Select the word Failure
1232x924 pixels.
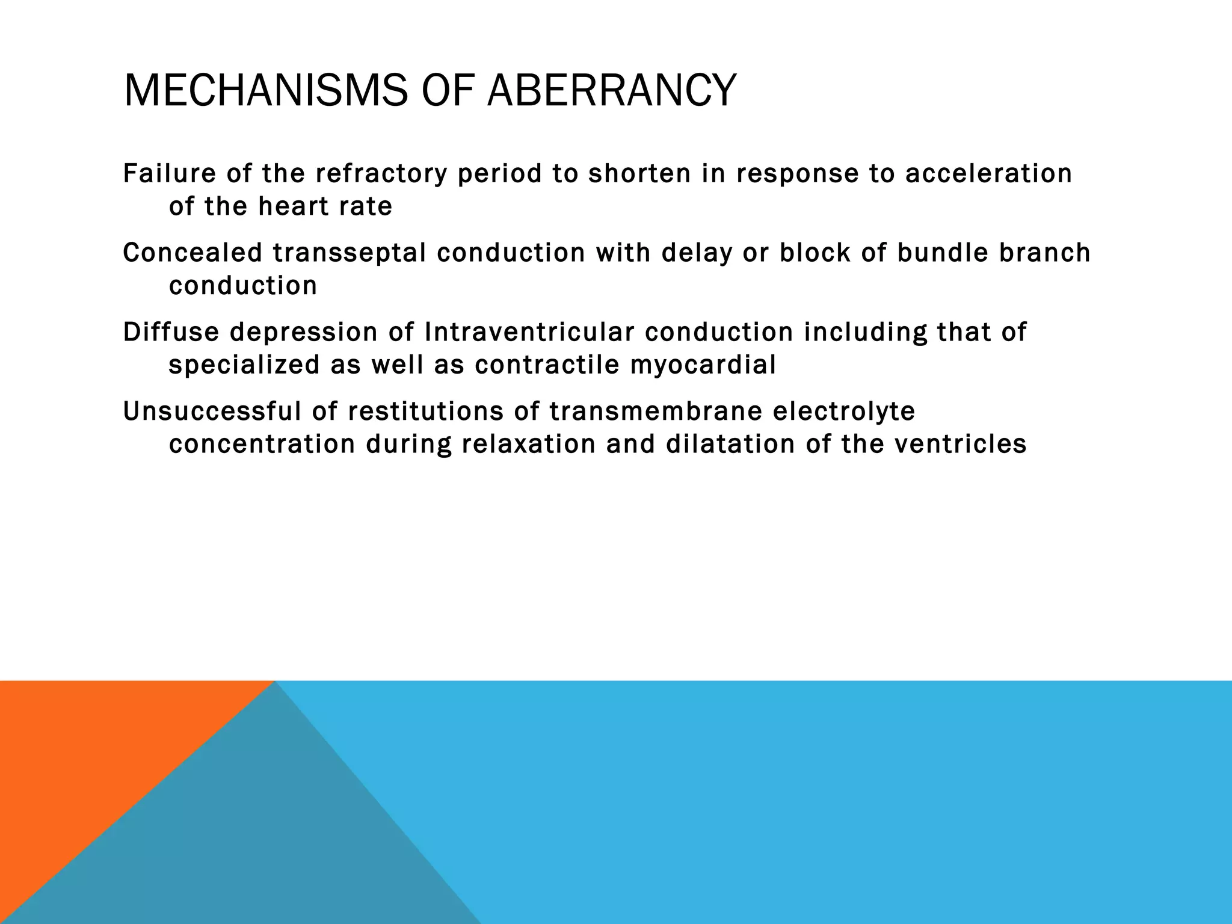169,173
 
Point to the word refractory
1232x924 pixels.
381,174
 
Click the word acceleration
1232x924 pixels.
988,173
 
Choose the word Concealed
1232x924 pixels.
192,253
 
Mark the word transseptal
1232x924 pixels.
350,253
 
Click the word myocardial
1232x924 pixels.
703,365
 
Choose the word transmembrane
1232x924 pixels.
655,411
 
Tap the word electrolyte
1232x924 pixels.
843,412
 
